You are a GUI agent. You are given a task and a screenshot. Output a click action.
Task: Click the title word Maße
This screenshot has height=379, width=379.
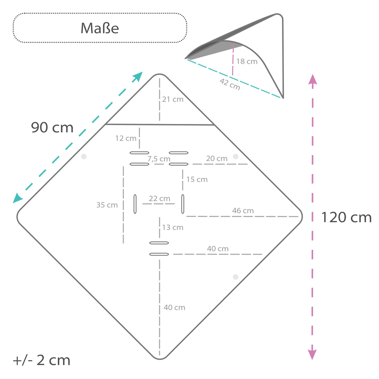100,28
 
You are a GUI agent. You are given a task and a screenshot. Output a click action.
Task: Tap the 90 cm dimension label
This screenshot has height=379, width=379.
52,127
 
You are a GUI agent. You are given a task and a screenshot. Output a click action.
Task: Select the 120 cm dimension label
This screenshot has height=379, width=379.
346,217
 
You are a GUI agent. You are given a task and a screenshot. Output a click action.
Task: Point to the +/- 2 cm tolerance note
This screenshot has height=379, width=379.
41,360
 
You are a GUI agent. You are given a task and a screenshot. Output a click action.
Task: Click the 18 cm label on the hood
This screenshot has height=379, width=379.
247,61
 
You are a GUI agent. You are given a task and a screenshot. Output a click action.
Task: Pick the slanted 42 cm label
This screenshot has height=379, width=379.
230,84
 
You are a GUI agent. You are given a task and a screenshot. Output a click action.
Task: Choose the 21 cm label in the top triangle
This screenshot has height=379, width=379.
173,99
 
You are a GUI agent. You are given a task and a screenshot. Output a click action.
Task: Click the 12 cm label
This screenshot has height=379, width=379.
126,138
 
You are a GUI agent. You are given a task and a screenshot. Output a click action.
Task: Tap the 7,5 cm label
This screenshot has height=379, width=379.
159,159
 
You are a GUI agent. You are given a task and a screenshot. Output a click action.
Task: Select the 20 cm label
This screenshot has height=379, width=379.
217,158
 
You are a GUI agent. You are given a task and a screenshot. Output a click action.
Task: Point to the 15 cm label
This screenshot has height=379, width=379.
197,180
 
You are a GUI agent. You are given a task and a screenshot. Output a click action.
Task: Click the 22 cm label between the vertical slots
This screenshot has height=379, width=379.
160,198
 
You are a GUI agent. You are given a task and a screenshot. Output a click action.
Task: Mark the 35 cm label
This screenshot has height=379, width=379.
107,205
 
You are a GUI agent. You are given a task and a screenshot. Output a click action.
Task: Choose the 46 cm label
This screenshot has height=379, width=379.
243,211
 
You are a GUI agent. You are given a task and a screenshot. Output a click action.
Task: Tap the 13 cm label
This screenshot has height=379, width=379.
173,227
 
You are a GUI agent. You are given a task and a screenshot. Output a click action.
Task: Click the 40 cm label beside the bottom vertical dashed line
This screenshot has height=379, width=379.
174,308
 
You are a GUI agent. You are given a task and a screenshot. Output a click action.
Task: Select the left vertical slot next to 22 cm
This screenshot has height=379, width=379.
135,204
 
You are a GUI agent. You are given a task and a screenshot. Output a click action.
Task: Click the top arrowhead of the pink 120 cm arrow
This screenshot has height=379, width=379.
312,79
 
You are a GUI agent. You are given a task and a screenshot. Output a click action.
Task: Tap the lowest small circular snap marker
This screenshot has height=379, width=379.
235,277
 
